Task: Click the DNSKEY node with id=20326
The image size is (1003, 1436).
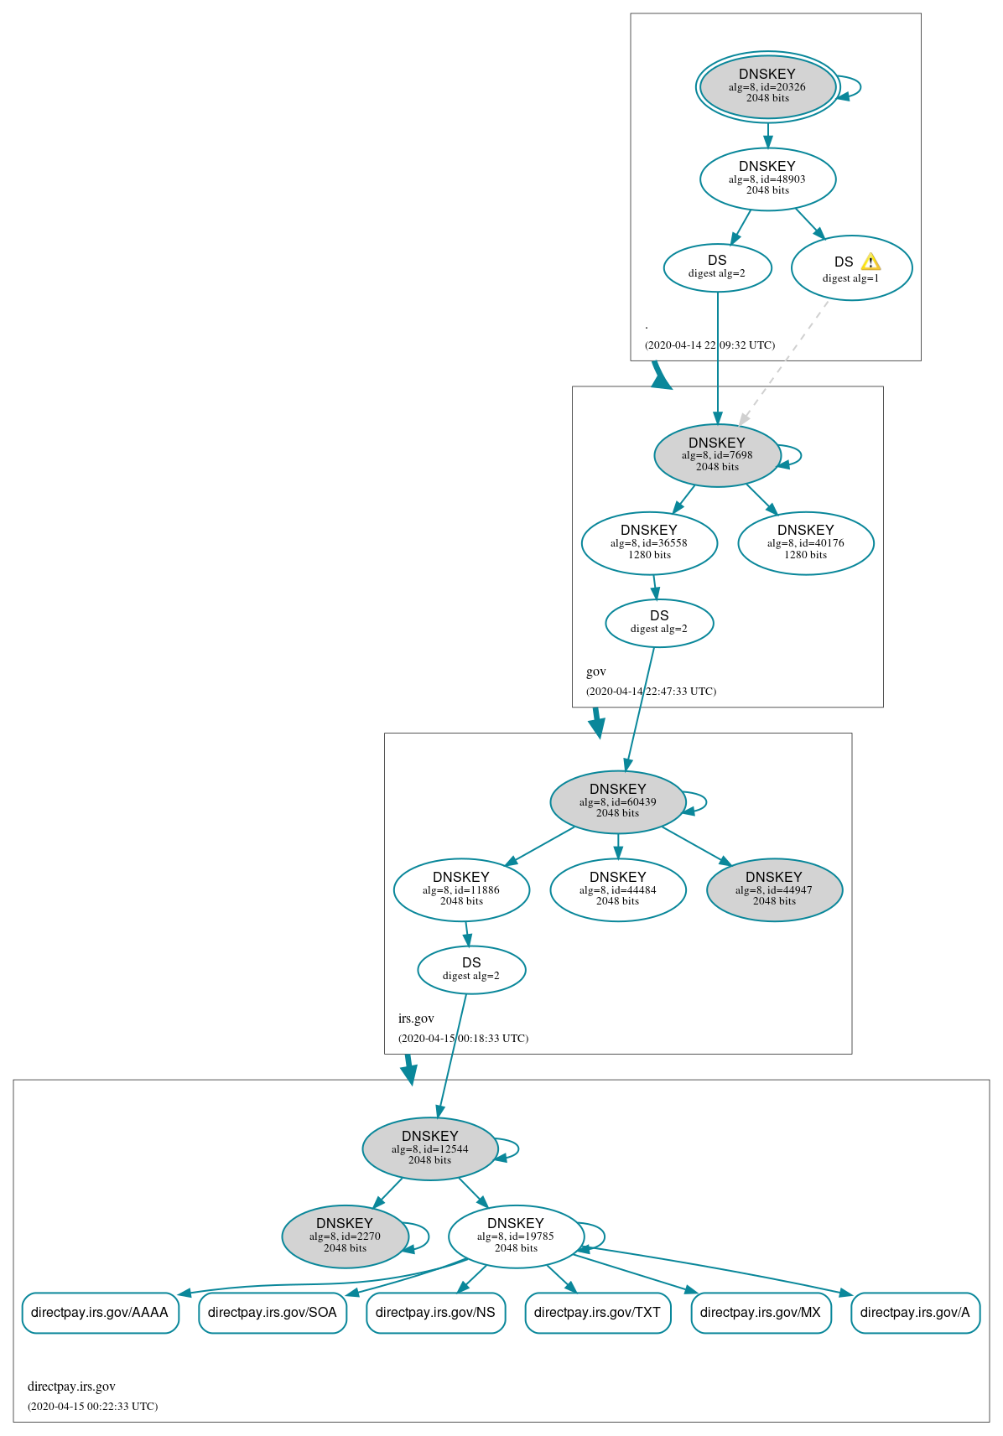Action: coord(767,86)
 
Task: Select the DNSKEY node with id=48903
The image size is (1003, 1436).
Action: coord(767,179)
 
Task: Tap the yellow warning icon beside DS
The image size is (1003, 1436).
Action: coord(870,262)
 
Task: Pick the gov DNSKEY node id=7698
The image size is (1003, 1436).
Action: coord(717,455)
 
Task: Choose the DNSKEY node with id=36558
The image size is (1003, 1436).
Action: coord(649,543)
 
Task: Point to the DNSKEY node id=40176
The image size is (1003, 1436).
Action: coord(805,543)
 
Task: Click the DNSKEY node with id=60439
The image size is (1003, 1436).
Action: coord(618,801)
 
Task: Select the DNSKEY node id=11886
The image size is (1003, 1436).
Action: coord(461,889)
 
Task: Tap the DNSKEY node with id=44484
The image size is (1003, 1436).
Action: coord(618,889)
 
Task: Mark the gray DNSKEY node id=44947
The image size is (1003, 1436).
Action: coord(774,889)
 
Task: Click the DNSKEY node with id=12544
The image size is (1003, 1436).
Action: coord(430,1148)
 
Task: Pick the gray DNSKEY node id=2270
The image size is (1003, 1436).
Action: coord(345,1236)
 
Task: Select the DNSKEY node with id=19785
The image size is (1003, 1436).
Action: coord(516,1236)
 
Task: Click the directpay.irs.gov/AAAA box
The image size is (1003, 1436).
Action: coord(100,1313)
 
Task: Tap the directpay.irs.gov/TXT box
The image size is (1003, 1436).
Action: coord(597,1313)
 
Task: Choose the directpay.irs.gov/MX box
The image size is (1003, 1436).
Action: coord(761,1313)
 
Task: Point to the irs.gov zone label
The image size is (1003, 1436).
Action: coord(416,1019)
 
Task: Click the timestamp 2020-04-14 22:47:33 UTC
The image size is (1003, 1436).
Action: coord(651,692)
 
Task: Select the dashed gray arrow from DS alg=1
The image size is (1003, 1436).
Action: coord(784,362)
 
